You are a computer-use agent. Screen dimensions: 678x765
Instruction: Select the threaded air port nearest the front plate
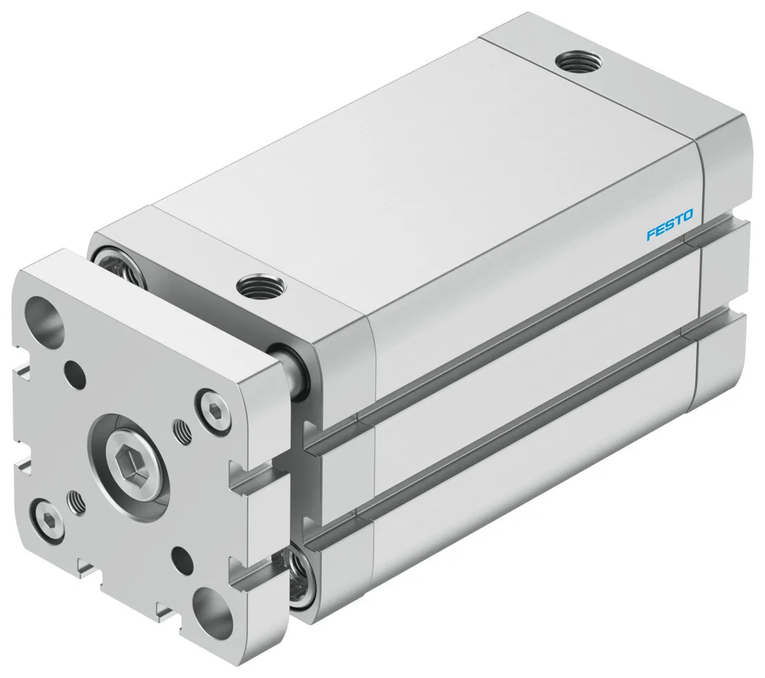pos(257,287)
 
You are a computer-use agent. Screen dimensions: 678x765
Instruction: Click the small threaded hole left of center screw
pos(75,499)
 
